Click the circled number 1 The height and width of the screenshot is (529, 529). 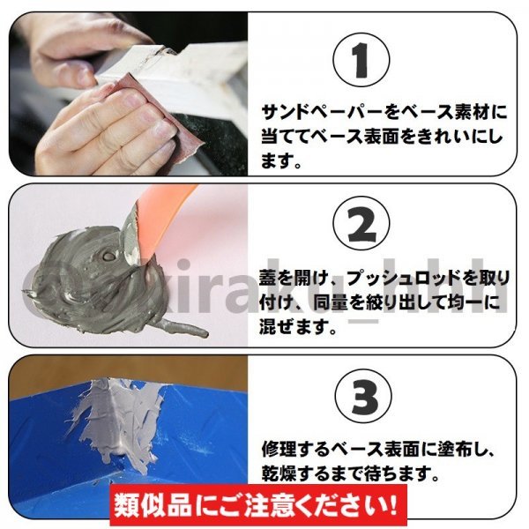point(361,61)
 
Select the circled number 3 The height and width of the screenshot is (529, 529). point(363,397)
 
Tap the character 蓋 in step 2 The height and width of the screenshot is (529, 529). point(269,279)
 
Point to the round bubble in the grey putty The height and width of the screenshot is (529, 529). point(109,257)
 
